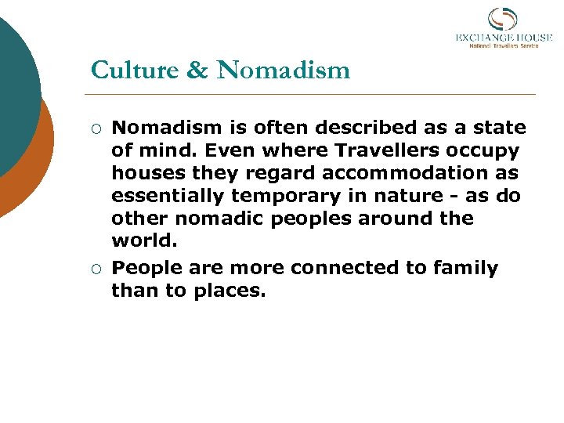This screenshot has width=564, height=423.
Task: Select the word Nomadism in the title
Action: click(x=284, y=70)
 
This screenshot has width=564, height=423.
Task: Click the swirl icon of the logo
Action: click(x=503, y=19)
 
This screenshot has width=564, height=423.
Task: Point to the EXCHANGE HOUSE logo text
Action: click(x=504, y=38)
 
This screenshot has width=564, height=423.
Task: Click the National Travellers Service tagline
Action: click(x=504, y=46)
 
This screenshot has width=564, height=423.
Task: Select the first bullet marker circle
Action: click(x=96, y=128)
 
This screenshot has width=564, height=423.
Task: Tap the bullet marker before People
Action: click(x=96, y=269)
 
